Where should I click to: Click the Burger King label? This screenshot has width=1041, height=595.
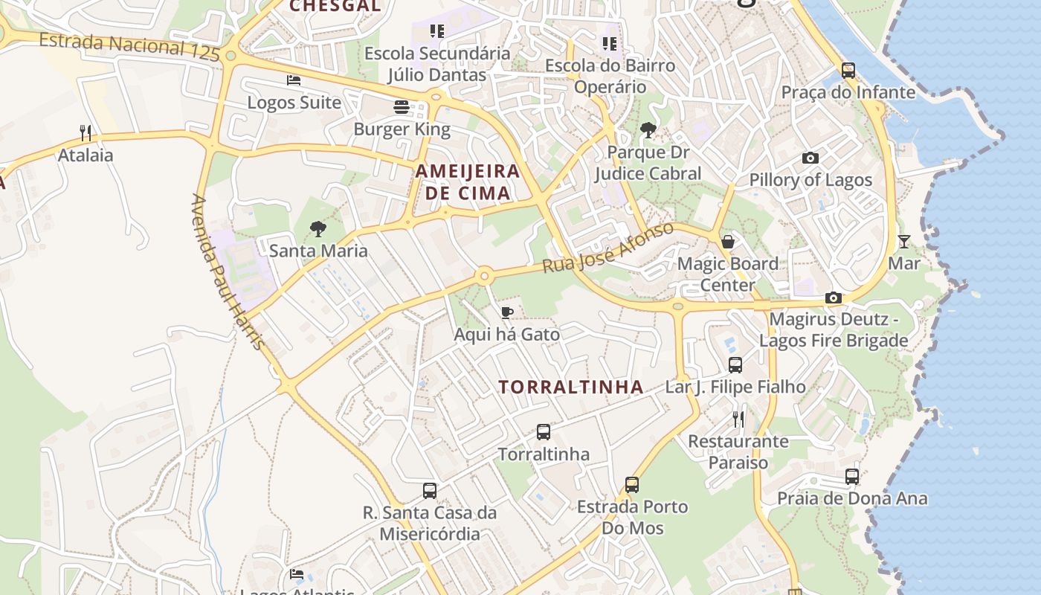tap(402, 129)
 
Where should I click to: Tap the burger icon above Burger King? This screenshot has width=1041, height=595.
tap(402, 107)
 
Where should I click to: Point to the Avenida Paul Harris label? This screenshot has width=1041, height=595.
tap(228, 272)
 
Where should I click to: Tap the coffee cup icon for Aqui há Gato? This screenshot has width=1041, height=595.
tap(507, 312)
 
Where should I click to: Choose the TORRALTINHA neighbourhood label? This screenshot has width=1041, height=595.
tap(571, 387)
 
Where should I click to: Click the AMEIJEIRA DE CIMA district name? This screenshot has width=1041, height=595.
tap(467, 182)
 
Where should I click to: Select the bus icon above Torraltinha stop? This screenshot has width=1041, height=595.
tap(544, 432)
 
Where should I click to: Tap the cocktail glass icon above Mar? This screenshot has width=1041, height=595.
tap(903, 241)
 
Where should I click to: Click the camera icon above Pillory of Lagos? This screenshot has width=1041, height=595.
tap(810, 158)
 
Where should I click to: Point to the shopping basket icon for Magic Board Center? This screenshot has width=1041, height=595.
tap(728, 242)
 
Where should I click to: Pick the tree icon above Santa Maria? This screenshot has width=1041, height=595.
tap(318, 228)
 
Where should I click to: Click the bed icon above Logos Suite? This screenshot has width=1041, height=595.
tap(294, 80)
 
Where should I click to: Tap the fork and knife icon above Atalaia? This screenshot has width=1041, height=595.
tap(86, 133)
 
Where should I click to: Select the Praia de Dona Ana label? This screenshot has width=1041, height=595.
tap(852, 498)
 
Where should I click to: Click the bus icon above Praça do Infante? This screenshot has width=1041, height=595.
tap(848, 71)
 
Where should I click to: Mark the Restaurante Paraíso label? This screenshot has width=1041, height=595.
tap(738, 451)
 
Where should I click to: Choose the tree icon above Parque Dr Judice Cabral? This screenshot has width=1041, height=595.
tap(648, 130)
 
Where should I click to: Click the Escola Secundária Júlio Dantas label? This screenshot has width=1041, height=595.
tap(437, 64)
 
